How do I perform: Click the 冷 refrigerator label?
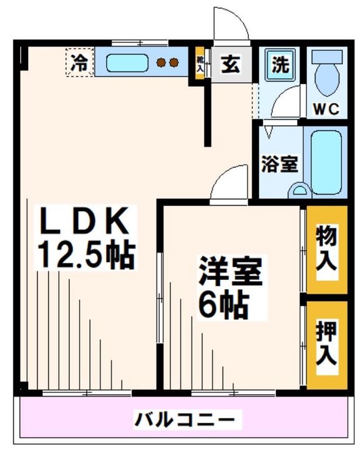tap(79, 62)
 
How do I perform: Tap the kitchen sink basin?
tap(127, 63)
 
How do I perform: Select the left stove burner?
tap(161, 62)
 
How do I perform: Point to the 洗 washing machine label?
tap(280, 64)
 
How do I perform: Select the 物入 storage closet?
tap(326, 249)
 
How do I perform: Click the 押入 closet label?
tap(326, 344)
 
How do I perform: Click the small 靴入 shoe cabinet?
tap(200, 64)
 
